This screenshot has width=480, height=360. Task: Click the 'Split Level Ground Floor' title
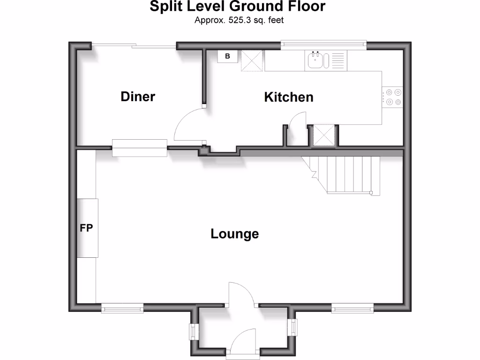(237, 7)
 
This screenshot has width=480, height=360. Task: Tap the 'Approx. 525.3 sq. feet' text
(240, 20)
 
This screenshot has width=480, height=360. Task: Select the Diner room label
(138, 97)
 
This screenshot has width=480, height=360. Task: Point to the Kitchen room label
(289, 97)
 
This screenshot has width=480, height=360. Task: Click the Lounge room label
(234, 233)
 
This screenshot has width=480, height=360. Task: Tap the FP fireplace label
(86, 228)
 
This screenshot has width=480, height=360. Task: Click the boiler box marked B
(228, 56)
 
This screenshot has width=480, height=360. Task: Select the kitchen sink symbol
(315, 60)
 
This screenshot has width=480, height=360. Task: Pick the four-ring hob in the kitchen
(393, 97)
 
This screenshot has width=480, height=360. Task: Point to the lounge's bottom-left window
(122, 307)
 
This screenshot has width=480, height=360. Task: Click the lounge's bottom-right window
(352, 307)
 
